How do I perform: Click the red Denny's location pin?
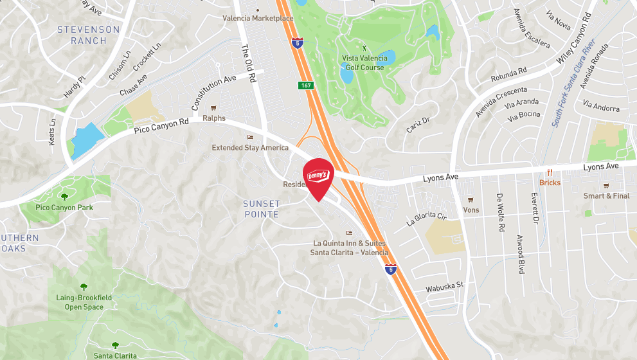coord(318,177)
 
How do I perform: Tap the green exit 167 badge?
coord(306,85)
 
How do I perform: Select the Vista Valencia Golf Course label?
coord(364,62)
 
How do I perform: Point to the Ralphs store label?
coord(214,118)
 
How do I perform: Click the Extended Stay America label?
coord(250,148)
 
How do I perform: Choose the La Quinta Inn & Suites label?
coord(350,248)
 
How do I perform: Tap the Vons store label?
coord(471,210)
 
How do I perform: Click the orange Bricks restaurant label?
coord(550,183)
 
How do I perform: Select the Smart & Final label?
coord(606,195)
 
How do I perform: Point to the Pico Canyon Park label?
coord(64,208)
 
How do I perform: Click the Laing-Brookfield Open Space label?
coord(84,302)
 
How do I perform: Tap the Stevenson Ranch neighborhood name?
coord(88,35)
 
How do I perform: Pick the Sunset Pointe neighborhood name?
coord(262,209)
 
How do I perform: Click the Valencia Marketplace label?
coord(258,18)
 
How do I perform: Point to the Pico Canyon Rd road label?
coord(161,125)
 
